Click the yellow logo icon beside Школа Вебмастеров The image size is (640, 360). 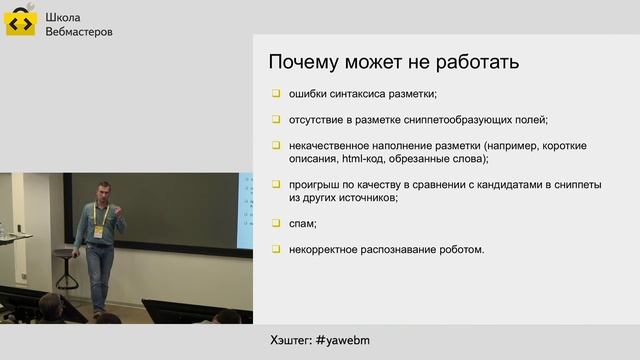click(21, 23)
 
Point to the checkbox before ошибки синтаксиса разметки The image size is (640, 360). click(276, 95)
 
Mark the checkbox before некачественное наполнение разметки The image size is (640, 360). click(276, 145)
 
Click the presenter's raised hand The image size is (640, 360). click(120, 211)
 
